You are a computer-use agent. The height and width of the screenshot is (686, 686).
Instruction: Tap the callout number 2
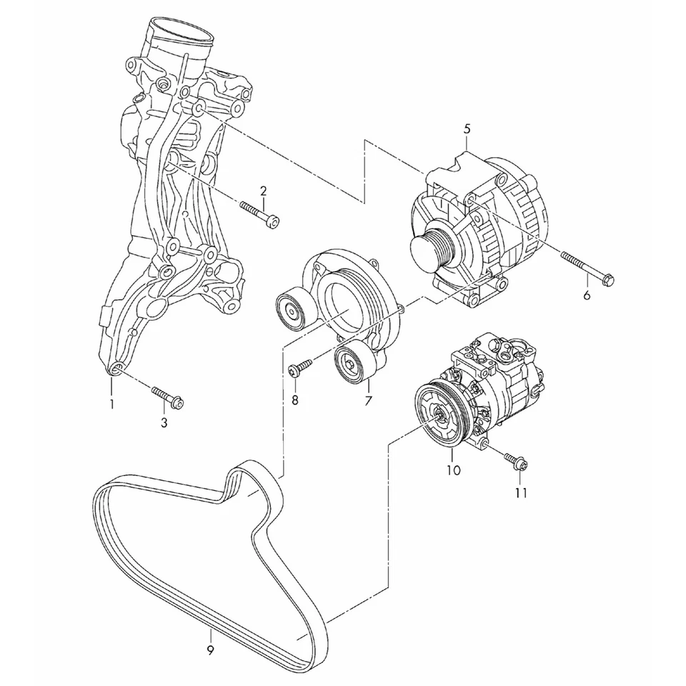click(x=263, y=191)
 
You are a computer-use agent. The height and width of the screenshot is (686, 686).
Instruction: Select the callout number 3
click(x=164, y=423)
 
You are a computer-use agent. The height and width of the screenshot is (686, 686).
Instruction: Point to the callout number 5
click(x=467, y=129)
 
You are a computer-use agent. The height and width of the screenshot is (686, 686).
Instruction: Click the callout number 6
click(x=587, y=295)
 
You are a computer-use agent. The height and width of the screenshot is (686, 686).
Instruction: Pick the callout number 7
click(x=368, y=401)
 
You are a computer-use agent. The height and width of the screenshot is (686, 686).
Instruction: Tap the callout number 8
click(x=294, y=400)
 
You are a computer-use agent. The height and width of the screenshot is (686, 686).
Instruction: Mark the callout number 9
click(x=211, y=650)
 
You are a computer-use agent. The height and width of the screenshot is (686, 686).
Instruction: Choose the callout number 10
click(x=454, y=470)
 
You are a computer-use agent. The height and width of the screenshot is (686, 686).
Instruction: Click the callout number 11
click(x=521, y=493)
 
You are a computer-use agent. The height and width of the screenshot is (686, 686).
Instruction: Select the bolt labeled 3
click(x=168, y=397)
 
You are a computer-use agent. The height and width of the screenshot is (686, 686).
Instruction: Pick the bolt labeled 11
click(x=514, y=462)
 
